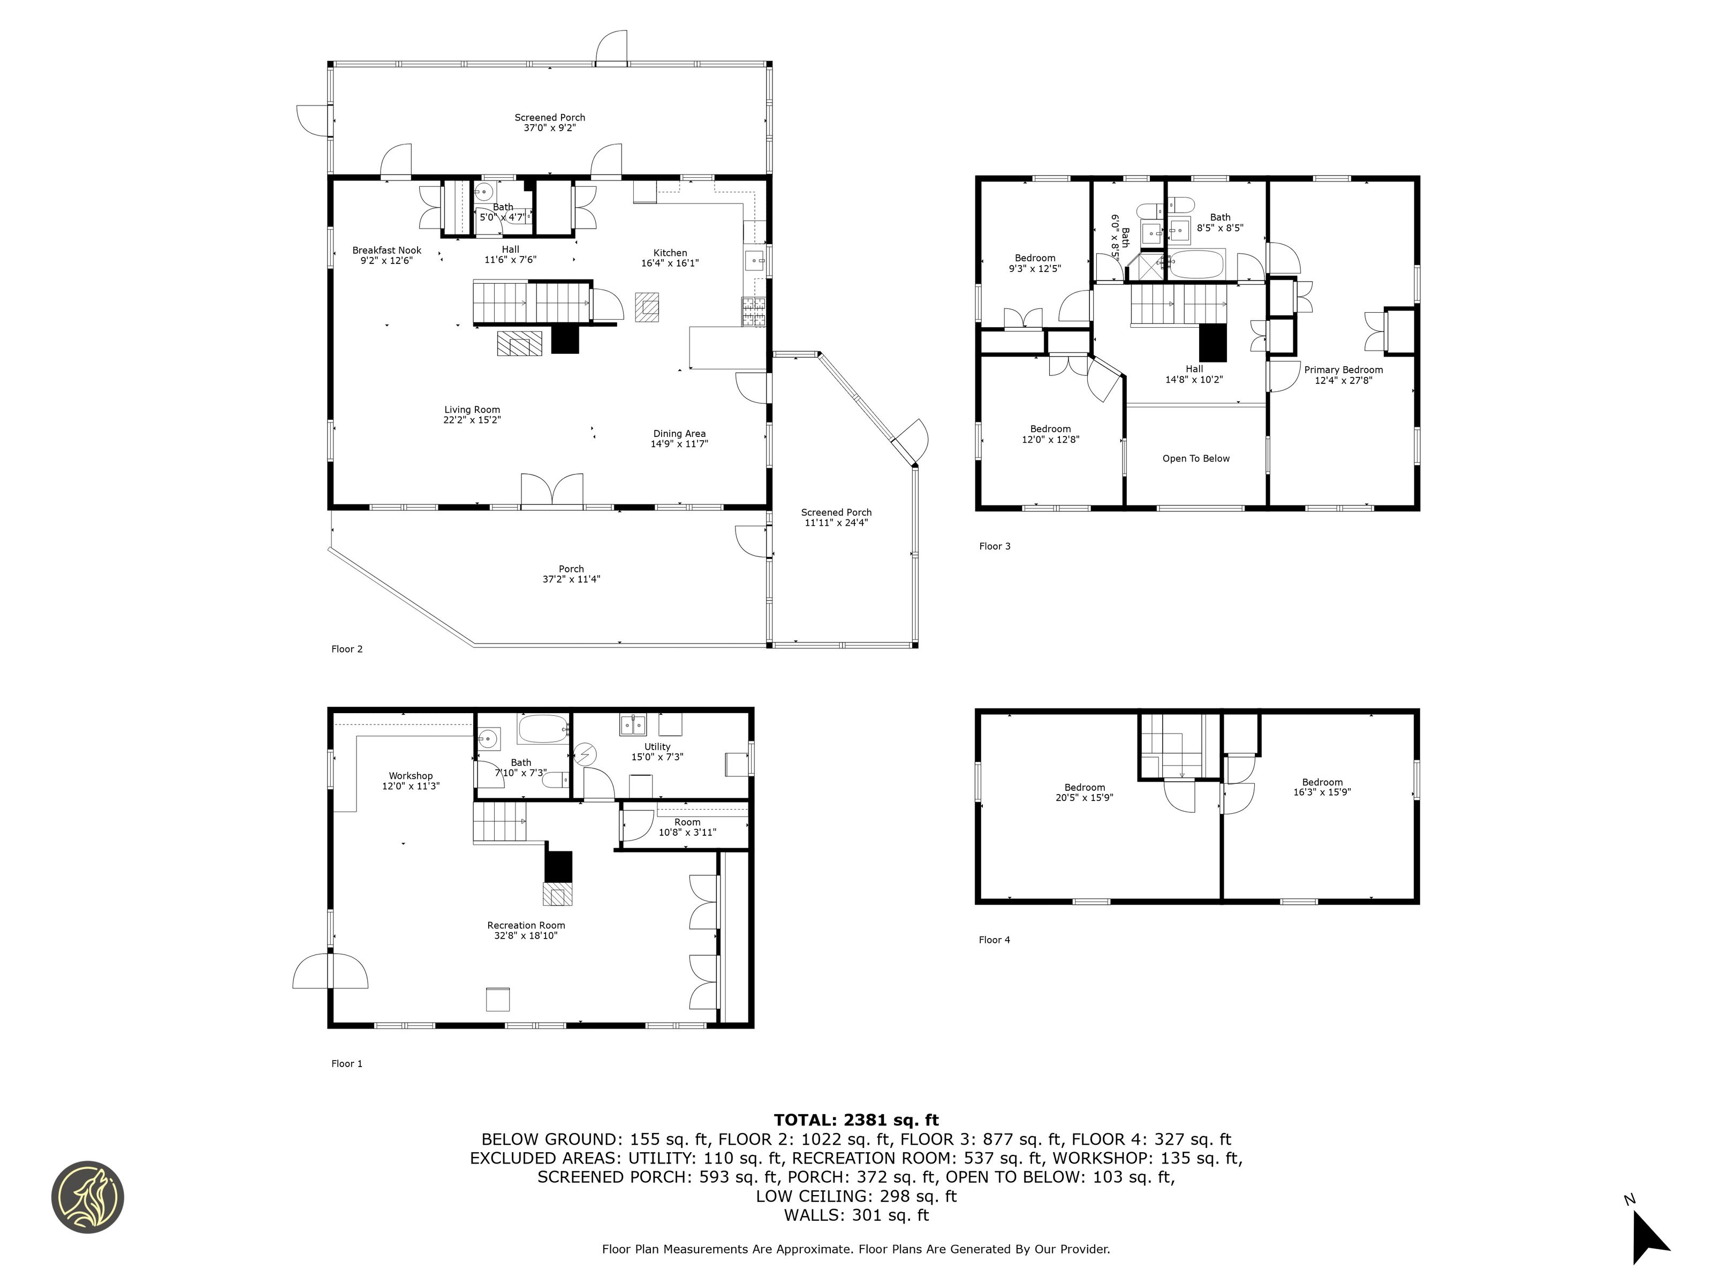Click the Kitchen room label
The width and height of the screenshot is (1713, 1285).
tap(670, 253)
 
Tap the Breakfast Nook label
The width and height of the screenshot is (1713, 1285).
tap(386, 250)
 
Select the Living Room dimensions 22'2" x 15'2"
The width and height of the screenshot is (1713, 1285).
tap(472, 420)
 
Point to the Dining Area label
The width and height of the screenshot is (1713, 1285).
tap(679, 434)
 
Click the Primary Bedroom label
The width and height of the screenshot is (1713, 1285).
tap(1344, 369)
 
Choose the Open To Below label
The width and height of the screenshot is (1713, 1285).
tap(1196, 458)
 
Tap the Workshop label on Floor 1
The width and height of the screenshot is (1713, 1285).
tap(411, 775)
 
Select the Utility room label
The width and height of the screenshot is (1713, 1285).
tap(657, 747)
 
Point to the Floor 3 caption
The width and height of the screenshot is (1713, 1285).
tap(995, 546)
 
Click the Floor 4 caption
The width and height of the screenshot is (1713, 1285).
tap(995, 940)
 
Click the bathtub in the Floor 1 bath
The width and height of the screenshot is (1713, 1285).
tap(543, 729)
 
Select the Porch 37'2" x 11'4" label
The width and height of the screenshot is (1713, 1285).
tap(572, 574)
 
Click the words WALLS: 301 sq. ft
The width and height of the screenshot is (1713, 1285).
tap(856, 1215)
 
